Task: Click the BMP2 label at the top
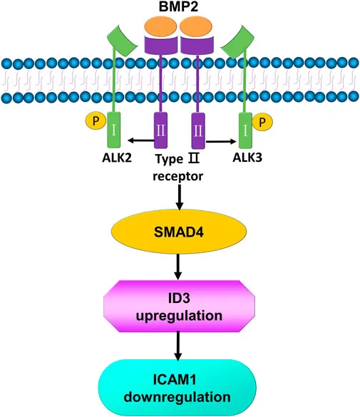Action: [178, 6]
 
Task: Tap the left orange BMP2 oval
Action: [160, 26]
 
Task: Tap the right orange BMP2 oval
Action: [196, 26]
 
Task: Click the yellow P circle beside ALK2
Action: [96, 121]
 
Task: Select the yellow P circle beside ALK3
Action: [262, 123]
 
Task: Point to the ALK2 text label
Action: [117, 158]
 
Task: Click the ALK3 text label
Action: [247, 158]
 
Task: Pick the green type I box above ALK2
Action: [114, 130]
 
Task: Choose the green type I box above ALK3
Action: [245, 130]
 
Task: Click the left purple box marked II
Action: [161, 130]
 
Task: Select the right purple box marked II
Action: [198, 130]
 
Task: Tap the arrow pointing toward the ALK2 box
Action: [141, 140]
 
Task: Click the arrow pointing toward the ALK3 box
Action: [221, 141]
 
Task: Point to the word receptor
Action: [178, 176]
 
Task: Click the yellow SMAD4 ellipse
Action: [179, 232]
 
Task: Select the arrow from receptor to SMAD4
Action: [180, 197]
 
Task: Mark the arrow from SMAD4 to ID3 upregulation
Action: [178, 267]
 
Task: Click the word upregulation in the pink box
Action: [179, 316]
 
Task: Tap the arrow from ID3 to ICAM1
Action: [178, 346]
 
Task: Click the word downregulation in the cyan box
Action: [178, 397]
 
